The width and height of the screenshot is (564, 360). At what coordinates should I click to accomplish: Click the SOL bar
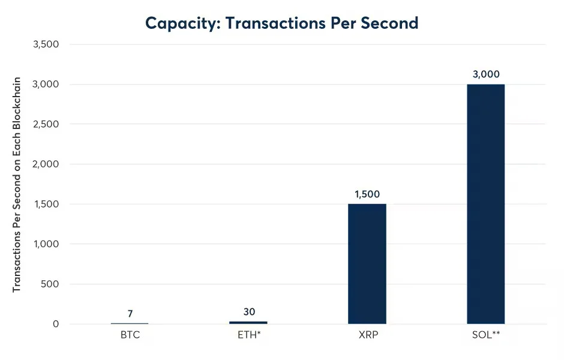click(485, 204)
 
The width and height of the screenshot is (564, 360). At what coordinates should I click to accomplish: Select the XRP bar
click(367, 264)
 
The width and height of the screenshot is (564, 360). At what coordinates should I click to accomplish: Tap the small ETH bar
click(248, 322)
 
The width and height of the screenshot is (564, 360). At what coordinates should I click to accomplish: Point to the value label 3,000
click(485, 74)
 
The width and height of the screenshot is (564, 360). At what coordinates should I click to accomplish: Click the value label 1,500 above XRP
click(367, 194)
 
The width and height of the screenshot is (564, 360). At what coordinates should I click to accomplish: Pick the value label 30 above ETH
click(249, 311)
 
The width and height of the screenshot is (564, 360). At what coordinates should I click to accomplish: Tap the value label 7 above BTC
click(130, 313)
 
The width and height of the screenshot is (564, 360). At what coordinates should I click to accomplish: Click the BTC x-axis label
click(130, 335)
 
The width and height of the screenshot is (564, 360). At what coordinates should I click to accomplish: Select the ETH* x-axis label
click(249, 335)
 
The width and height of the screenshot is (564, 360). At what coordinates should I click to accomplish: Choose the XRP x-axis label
click(367, 335)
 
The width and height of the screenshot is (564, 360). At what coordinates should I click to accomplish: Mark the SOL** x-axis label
click(485, 335)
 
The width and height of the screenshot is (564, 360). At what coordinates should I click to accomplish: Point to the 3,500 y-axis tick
click(47, 44)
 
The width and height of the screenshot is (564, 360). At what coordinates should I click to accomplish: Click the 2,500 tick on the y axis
click(47, 124)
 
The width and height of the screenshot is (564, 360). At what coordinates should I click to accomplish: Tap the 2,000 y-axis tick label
click(47, 164)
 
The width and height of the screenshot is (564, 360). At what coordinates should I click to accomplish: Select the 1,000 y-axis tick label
click(47, 244)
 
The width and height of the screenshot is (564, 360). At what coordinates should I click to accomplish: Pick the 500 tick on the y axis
click(51, 284)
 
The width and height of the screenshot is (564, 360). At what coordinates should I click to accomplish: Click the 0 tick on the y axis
click(56, 324)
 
